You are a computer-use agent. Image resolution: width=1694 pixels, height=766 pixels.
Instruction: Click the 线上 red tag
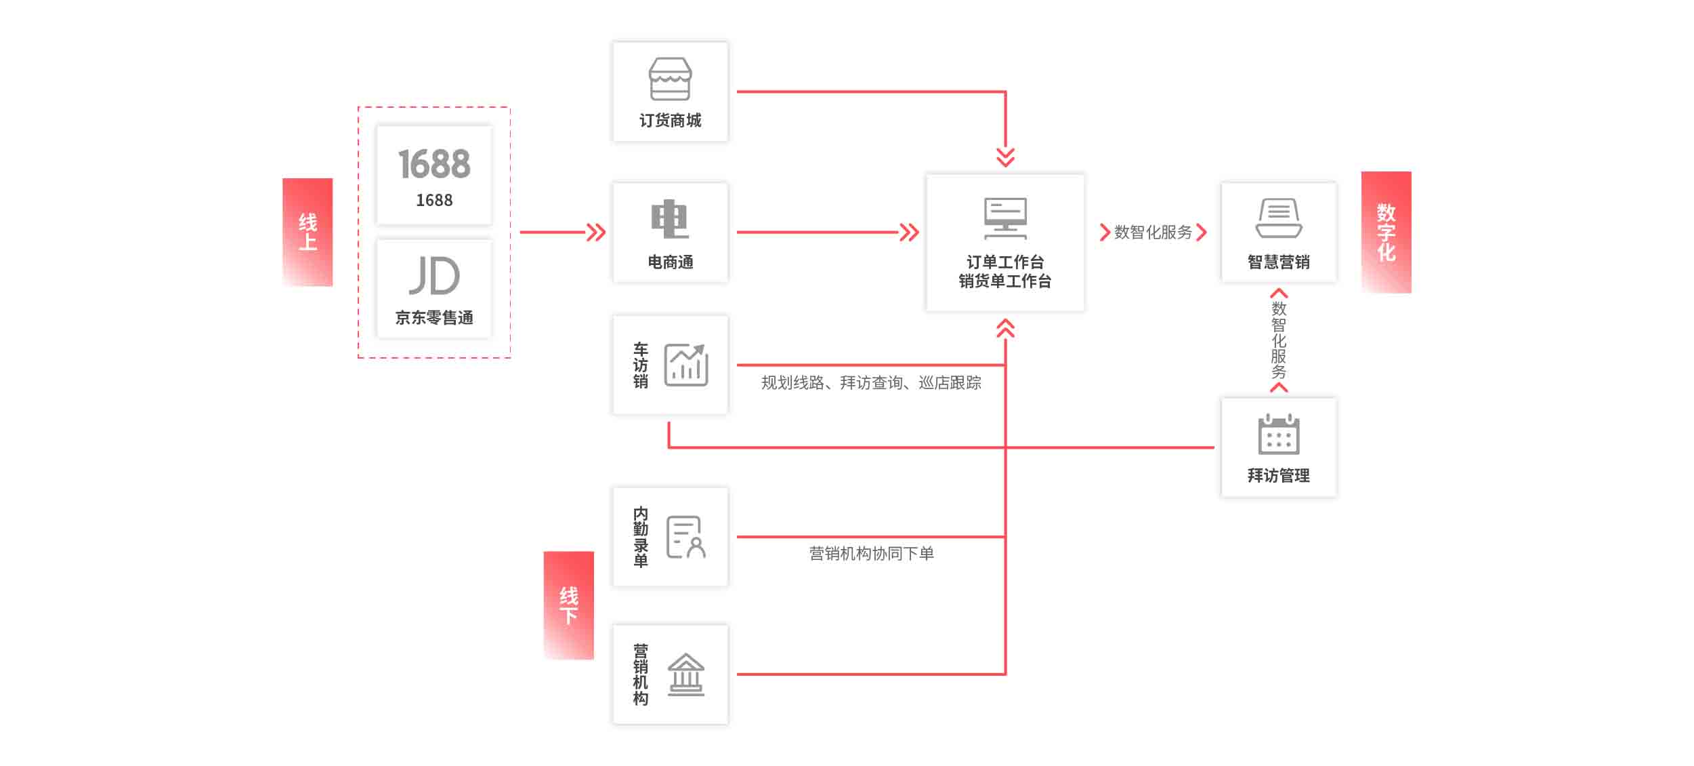point(308,232)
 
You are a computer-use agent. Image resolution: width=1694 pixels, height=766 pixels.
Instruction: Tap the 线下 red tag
point(568,605)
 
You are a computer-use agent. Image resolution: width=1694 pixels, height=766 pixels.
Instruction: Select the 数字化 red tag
point(1386,232)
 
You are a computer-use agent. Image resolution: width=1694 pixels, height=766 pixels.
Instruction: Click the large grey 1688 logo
point(434,164)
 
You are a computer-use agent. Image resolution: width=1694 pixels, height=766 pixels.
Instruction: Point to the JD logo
point(434,275)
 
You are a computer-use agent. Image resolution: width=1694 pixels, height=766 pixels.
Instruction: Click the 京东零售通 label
point(434,317)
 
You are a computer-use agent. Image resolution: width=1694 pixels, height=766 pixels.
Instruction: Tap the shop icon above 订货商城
point(670,79)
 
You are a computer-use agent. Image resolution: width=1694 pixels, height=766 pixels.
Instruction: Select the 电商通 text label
point(670,262)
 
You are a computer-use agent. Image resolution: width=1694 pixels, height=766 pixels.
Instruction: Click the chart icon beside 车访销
point(686,365)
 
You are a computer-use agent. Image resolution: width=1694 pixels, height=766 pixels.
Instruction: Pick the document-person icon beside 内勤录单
point(686,537)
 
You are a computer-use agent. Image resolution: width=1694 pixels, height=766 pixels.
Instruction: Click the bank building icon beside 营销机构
point(686,674)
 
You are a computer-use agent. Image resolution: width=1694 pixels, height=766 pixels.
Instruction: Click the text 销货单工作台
point(1005,281)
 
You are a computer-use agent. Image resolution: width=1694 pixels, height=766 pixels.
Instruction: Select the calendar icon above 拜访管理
point(1278,434)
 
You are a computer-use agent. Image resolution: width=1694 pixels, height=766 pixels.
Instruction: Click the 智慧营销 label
point(1278,262)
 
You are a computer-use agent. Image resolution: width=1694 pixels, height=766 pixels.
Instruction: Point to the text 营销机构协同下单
point(871,553)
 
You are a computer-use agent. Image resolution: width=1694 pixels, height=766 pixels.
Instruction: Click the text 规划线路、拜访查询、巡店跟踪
point(871,383)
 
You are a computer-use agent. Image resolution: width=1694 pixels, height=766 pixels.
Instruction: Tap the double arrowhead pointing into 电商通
point(596,233)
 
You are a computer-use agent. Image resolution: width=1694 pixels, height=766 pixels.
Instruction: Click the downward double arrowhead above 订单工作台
point(1005,157)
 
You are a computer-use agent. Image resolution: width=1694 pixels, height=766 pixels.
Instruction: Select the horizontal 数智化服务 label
point(1153,233)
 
